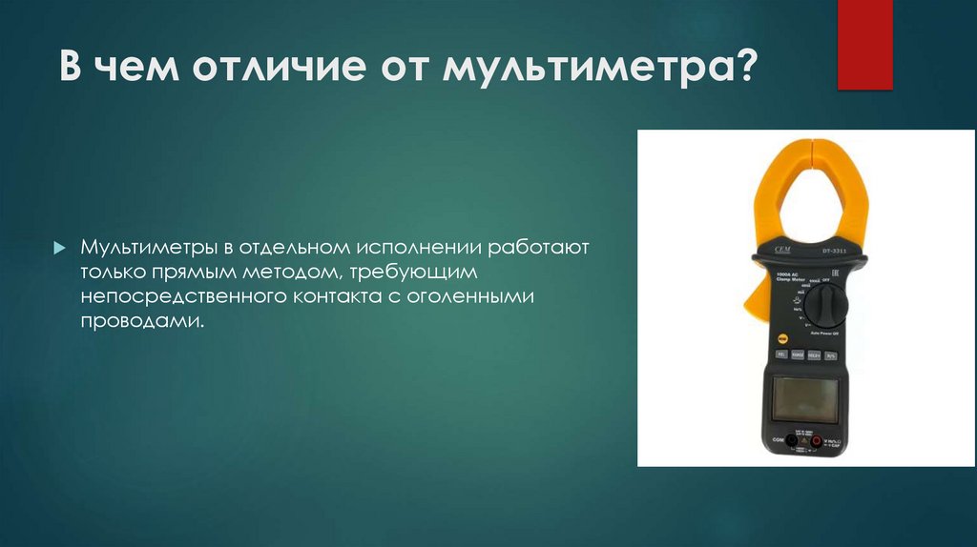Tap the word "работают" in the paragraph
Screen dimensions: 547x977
[540, 249]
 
